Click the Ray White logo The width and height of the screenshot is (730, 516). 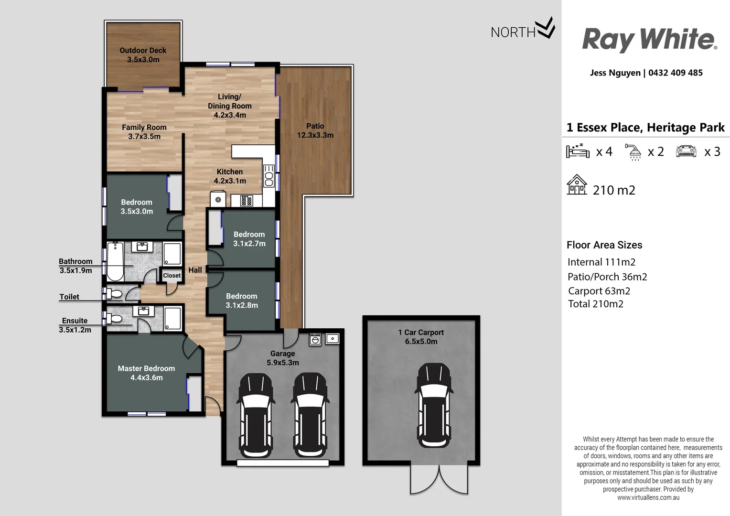pos(649,39)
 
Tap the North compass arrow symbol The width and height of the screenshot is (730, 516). pos(545,28)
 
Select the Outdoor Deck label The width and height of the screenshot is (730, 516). pos(143,55)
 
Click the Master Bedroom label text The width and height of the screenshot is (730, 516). pos(146,373)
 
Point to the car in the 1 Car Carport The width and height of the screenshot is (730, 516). pos(433,405)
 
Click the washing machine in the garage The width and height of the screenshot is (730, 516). pos(315,339)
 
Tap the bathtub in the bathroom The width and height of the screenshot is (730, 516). pos(115,261)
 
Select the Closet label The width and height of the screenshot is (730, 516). pos(172,276)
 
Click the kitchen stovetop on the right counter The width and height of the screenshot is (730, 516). pos(268,176)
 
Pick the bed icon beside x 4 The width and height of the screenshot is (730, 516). pos(578,151)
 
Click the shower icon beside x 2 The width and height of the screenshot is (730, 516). pos(634,152)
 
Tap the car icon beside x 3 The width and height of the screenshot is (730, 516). pos(686,151)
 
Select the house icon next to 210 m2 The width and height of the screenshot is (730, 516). pos(577,185)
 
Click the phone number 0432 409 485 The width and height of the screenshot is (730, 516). pos(675,73)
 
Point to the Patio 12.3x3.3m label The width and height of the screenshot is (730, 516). pos(315,130)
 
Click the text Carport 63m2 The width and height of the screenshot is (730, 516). pos(599,291)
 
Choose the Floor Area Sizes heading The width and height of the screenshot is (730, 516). pos(604,245)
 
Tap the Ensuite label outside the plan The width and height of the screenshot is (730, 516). pos(75,321)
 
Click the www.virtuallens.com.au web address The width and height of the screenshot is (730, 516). pos(648,497)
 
